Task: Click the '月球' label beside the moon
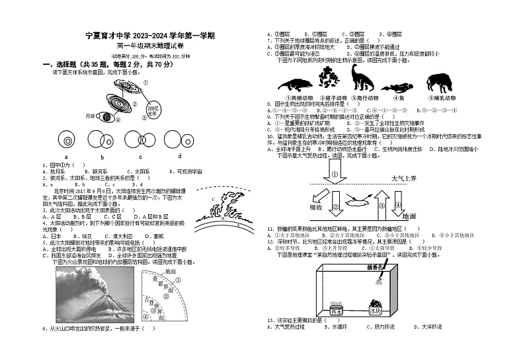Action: pos(91,116)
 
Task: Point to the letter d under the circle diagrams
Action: pos(179,157)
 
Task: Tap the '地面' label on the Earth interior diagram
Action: pos(170,272)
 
